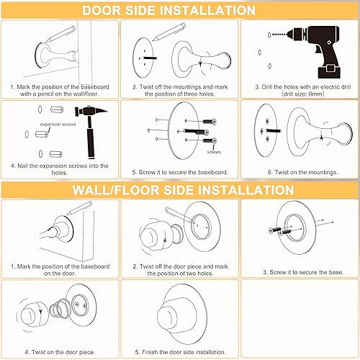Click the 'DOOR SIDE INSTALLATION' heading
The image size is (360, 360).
click(x=179, y=10)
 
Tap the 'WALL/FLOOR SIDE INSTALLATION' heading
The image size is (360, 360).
click(x=179, y=190)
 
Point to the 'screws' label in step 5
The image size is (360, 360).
click(x=214, y=153)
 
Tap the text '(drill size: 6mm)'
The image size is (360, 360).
click(x=299, y=93)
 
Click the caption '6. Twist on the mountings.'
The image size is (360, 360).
click(x=298, y=173)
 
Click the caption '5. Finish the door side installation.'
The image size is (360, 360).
click(x=179, y=351)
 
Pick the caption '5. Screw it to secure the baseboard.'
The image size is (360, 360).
click(x=179, y=173)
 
